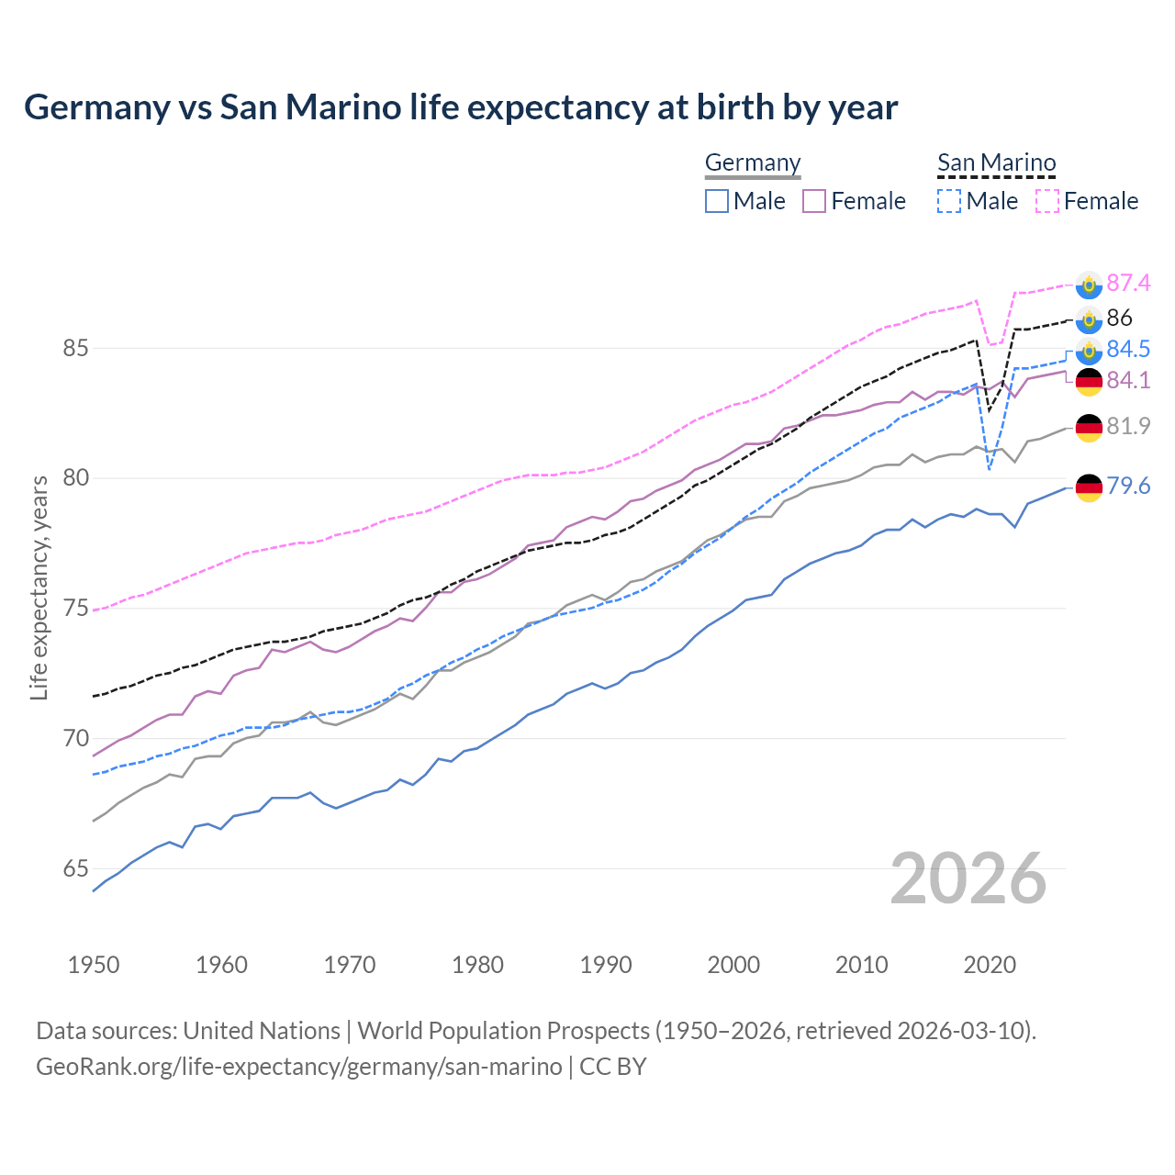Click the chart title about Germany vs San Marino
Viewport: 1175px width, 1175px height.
click(461, 107)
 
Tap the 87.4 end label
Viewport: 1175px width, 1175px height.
click(1128, 283)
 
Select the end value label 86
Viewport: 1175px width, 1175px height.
click(1120, 318)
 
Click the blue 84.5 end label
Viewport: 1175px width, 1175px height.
click(1128, 349)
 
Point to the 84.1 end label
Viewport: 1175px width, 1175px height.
click(1128, 380)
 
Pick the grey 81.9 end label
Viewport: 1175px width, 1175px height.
click(1128, 426)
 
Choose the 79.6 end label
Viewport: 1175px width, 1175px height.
click(1128, 486)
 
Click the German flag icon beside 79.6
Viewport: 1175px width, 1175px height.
click(1089, 487)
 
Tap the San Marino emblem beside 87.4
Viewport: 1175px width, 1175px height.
click(1089, 285)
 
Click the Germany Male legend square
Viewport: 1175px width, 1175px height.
click(717, 201)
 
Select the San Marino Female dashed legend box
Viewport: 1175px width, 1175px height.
click(1047, 201)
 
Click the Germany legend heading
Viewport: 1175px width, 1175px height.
click(753, 162)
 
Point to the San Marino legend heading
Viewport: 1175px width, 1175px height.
click(997, 162)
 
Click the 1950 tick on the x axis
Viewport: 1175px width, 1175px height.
click(94, 965)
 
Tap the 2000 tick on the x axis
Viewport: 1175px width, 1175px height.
click(733, 965)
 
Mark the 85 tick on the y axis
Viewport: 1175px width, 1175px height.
click(75, 349)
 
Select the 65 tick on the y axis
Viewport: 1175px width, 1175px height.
click(75, 868)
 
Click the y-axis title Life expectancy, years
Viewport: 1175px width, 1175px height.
click(39, 587)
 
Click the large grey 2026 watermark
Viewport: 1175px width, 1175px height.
click(968, 878)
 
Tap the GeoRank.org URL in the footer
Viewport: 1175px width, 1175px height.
click(299, 1067)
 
